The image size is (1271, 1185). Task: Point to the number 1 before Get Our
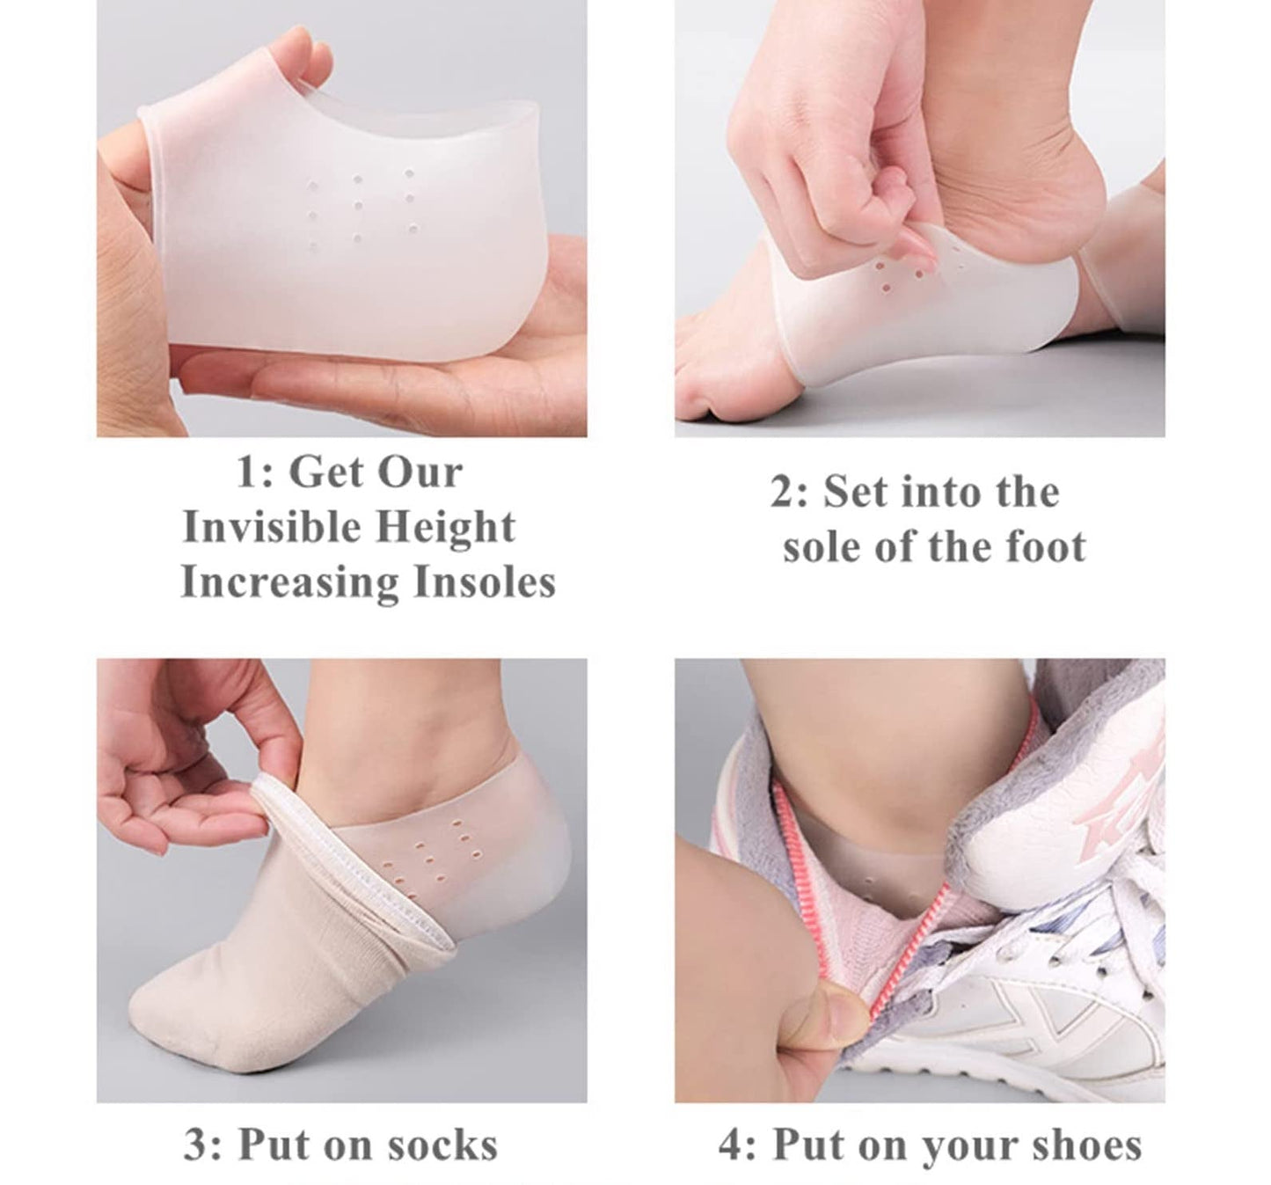246,473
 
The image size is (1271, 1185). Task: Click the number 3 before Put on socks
195,1146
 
